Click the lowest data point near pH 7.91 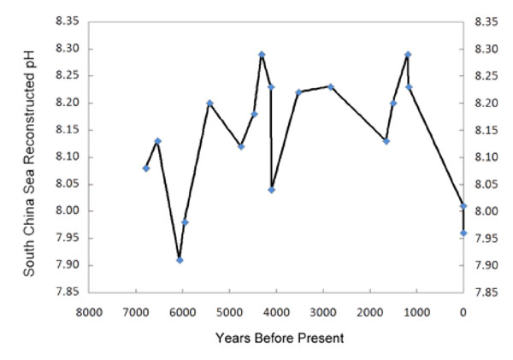point(180,260)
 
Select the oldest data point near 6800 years point(145,168)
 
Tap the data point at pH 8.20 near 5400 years point(209,103)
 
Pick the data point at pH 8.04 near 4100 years point(272,190)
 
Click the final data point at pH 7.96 point(463,233)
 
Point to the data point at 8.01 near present point(463,206)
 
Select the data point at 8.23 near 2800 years point(331,86)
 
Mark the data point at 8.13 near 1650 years point(386,141)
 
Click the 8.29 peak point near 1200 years point(408,55)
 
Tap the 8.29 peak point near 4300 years point(262,55)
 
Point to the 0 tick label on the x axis point(463,312)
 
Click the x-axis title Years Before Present point(280,338)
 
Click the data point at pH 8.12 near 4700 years point(241,146)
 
